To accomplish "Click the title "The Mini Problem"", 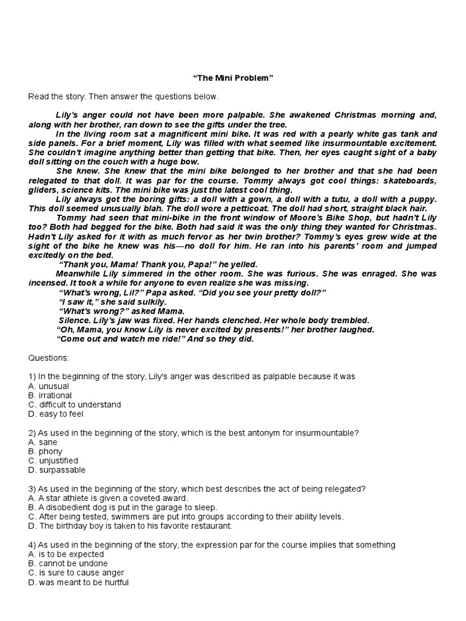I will [233, 78].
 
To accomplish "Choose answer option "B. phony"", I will [46, 452].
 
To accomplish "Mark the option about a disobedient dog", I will [123, 508].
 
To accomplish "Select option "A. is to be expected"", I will [66, 554].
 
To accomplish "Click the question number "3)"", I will [32, 489].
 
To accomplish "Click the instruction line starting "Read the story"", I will [123, 97].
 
